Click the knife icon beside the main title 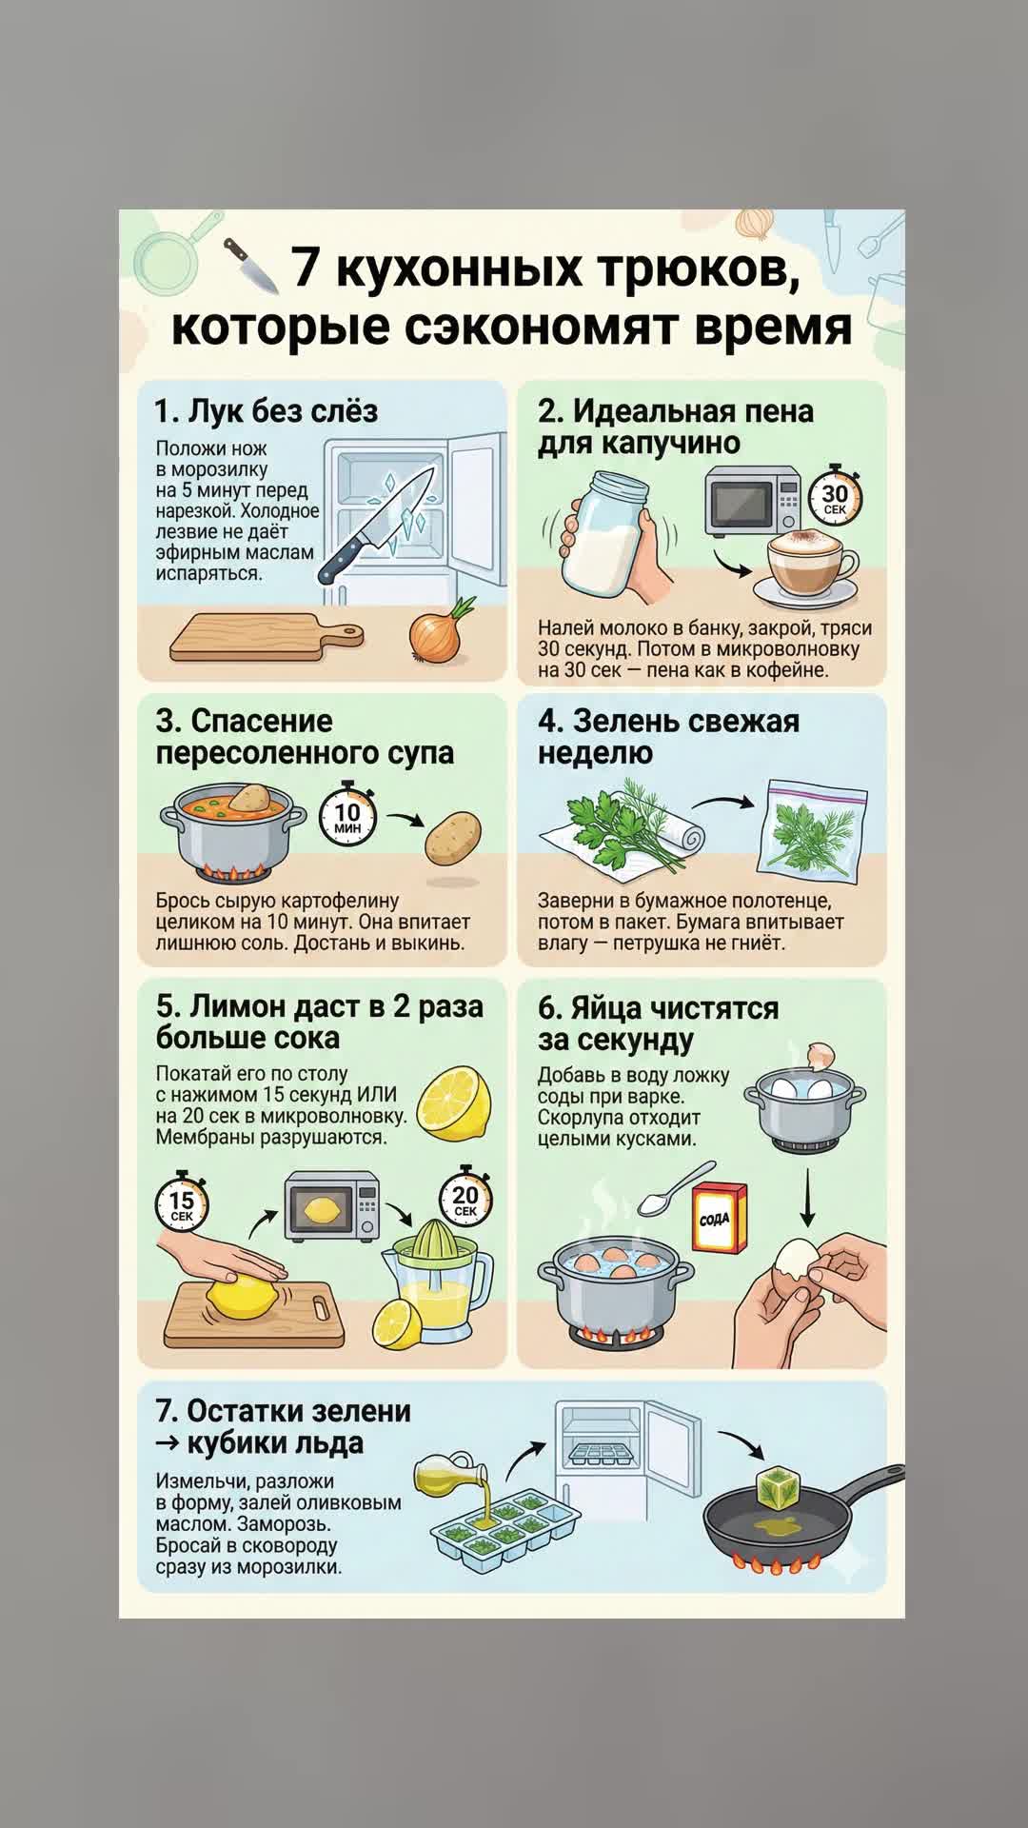click(250, 266)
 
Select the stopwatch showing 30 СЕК click(835, 494)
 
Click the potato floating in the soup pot click(249, 798)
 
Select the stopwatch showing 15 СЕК click(182, 1202)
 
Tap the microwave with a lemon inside click(332, 1206)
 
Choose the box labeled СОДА click(719, 1218)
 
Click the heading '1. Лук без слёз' click(267, 410)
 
